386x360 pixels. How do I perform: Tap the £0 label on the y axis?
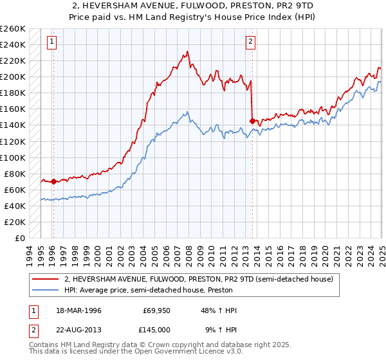19,238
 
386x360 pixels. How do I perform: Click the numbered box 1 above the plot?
51,42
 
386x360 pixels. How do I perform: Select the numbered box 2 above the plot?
250,42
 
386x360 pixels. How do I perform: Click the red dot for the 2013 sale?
252,120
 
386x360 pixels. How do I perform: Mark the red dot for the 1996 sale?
53,181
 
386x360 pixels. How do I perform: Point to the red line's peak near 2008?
187,51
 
